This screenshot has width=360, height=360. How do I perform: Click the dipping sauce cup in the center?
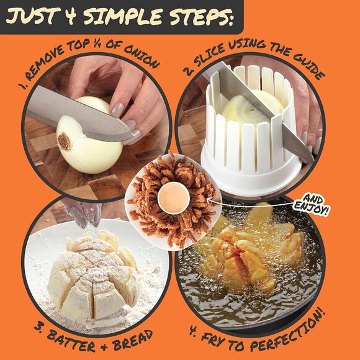[x=174, y=199]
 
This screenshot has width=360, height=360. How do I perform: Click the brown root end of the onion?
[x=64, y=142]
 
